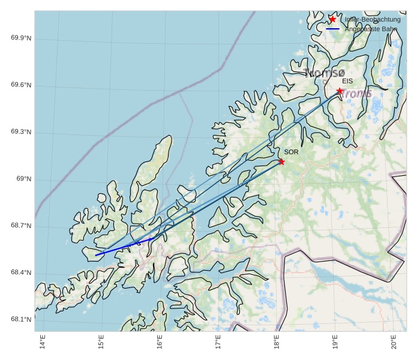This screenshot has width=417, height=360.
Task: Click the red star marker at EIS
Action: [x=340, y=91]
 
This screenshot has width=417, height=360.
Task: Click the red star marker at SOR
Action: [x=281, y=161]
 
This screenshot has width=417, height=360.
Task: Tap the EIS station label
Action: [x=347, y=81]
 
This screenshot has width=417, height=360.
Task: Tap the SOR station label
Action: [x=291, y=152]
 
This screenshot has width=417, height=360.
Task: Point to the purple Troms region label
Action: [x=356, y=94]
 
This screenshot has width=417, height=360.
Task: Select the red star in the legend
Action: [x=333, y=19]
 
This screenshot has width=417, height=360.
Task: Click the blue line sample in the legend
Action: [x=333, y=29]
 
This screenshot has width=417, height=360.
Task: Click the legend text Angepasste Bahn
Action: [x=371, y=29]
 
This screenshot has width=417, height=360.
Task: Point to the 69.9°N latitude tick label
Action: [x=21, y=39]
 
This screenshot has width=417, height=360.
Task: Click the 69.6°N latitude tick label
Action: [x=21, y=86]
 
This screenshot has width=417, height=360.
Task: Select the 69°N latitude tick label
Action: [x=23, y=179]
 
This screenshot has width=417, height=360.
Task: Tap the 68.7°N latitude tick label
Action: [x=21, y=226]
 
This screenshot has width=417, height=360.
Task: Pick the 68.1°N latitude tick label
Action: [x=21, y=320]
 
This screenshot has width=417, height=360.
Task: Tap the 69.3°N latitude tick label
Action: [x=21, y=133]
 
